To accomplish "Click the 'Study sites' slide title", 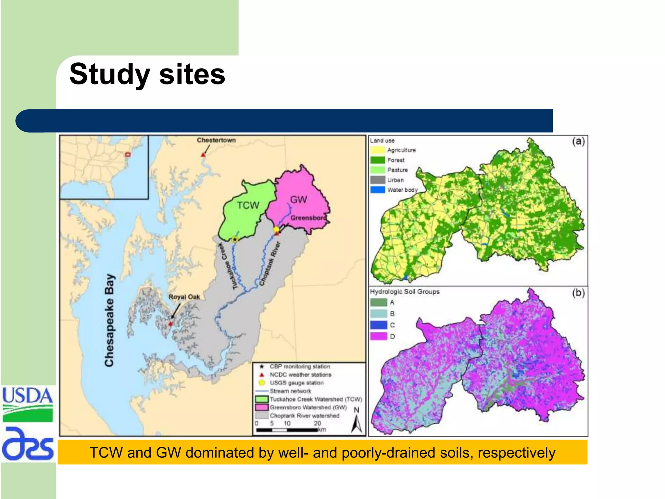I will [147, 74].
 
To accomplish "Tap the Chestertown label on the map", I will [216, 140].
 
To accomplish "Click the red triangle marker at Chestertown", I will [203, 155].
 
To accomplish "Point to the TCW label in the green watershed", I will [248, 205].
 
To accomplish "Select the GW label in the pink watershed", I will [298, 199].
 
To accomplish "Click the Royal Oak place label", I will [184, 297].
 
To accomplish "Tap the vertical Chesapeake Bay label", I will [110, 320].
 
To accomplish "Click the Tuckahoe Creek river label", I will [228, 266].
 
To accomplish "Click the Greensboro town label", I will [308, 218].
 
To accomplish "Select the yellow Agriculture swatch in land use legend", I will [378, 150].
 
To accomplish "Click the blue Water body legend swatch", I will [378, 190].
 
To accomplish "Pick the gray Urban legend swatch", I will [378, 180].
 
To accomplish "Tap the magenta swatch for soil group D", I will [379, 336].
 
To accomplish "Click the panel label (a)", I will [578, 141].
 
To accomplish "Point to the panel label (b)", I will [578, 293].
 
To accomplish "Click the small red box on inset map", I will [128, 155].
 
